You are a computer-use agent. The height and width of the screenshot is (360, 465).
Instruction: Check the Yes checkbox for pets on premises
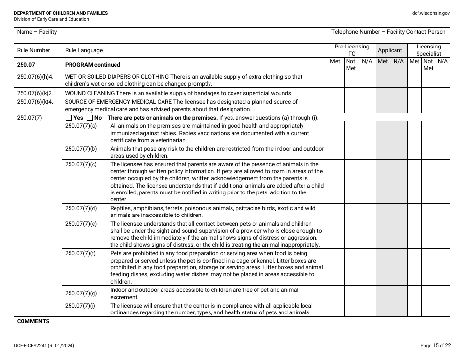69,118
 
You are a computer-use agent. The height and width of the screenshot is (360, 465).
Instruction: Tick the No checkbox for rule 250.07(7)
90,118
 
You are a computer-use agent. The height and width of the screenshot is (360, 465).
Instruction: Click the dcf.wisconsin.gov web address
431,13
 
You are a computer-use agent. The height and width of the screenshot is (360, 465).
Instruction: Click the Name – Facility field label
37,32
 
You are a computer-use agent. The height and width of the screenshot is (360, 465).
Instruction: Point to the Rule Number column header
33,50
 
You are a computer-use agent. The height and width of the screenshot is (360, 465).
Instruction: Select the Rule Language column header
84,50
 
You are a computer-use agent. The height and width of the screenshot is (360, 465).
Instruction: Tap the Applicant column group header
390,50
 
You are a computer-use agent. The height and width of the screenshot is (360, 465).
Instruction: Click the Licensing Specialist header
428,50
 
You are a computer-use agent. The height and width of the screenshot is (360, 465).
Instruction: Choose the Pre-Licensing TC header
351,50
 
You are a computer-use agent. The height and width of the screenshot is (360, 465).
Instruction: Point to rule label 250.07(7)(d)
81,208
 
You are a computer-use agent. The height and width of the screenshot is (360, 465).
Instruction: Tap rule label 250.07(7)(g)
81,293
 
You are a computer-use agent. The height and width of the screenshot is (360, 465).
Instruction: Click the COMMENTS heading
33,321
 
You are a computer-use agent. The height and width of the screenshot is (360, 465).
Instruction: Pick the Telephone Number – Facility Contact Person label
388,32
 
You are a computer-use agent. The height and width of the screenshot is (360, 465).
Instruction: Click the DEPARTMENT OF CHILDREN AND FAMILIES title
61,13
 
